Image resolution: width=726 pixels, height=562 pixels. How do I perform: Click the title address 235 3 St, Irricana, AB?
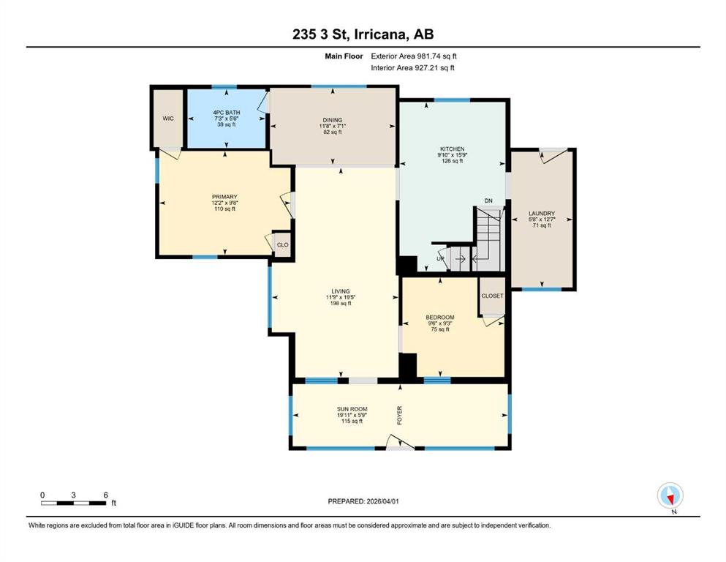[x=363, y=34]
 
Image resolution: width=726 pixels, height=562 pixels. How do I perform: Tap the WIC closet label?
[x=168, y=119]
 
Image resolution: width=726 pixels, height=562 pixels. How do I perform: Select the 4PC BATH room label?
[x=227, y=113]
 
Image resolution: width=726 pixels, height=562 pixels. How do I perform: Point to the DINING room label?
[x=333, y=120]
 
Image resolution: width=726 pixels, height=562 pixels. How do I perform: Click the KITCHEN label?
[x=452, y=149]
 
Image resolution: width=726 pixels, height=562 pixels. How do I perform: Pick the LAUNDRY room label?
[x=542, y=214]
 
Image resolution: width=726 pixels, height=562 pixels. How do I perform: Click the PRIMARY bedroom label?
[x=224, y=197]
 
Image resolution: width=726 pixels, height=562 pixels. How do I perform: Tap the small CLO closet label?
[x=282, y=244]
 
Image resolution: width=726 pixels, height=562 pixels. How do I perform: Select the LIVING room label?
[x=340, y=291]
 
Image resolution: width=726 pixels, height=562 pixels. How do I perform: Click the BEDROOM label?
[x=440, y=318]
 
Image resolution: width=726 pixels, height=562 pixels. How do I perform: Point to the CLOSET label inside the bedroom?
[x=492, y=296]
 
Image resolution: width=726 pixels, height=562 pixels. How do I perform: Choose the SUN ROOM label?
[x=352, y=409]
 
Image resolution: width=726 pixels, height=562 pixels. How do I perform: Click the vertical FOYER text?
[x=400, y=415]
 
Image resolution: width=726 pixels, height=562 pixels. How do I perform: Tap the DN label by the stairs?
[x=488, y=201]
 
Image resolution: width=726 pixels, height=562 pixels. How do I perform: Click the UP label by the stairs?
[x=440, y=258]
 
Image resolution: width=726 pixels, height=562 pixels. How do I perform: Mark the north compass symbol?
[x=670, y=495]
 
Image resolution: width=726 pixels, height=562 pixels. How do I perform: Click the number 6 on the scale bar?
[x=105, y=495]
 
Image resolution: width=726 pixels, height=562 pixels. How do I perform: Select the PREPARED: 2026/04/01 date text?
[x=363, y=501]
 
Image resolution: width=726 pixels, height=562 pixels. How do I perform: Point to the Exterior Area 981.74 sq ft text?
[x=414, y=56]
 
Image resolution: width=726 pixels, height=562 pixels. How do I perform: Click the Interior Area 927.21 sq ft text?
[x=412, y=67]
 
